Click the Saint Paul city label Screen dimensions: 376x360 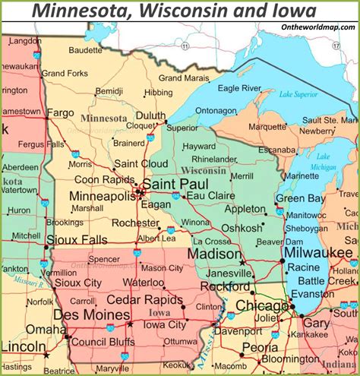coord(174,185)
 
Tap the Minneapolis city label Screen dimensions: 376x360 coord(103,196)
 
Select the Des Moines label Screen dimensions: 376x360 coord(91,314)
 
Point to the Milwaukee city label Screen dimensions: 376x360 coord(318,252)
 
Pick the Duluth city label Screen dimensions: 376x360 coord(150,115)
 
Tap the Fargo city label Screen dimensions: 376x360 coord(60,112)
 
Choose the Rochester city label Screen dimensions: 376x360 coord(136,223)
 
